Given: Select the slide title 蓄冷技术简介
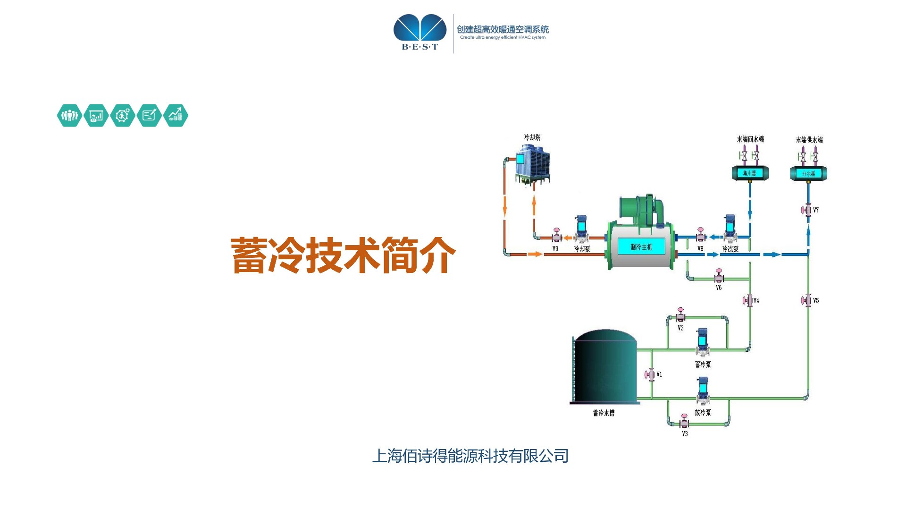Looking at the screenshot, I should pyautogui.click(x=343, y=255).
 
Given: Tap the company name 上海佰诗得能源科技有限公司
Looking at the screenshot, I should pyautogui.click(x=470, y=456).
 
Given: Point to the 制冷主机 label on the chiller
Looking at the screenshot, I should pyautogui.click(x=641, y=247).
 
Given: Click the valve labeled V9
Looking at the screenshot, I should pyautogui.click(x=557, y=236).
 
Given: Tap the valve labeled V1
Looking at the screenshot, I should pyautogui.click(x=651, y=374).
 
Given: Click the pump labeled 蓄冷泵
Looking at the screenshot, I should pyautogui.click(x=703, y=342).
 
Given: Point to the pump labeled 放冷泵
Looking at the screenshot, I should pyautogui.click(x=703, y=390).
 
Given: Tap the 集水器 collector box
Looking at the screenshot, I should pyautogui.click(x=750, y=173).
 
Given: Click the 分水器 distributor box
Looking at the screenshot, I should pyautogui.click(x=808, y=173).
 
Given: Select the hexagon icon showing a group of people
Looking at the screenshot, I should pyautogui.click(x=69, y=115).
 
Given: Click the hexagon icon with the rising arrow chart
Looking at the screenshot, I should pyautogui.click(x=176, y=115).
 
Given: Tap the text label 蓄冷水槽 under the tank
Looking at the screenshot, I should pyautogui.click(x=604, y=413).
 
